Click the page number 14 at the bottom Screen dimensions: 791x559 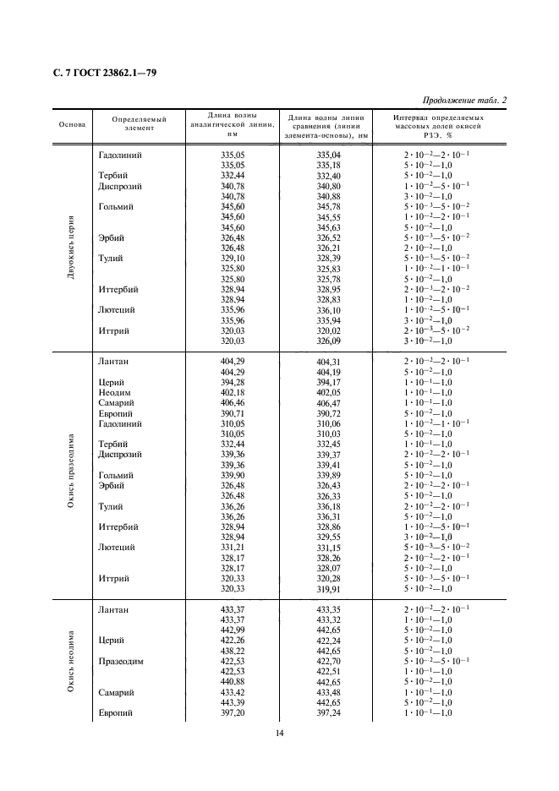click(279, 733)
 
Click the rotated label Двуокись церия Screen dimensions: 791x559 click(72, 247)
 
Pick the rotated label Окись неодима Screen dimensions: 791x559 click(72, 662)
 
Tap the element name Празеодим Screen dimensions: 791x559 click(120, 661)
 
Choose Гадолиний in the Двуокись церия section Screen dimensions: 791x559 click(120, 155)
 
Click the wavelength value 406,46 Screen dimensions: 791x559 click(232, 402)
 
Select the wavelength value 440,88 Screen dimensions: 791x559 click(232, 681)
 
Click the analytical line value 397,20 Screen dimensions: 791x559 click(232, 712)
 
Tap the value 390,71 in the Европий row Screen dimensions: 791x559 click(232, 412)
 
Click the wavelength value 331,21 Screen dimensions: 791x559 click(232, 548)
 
